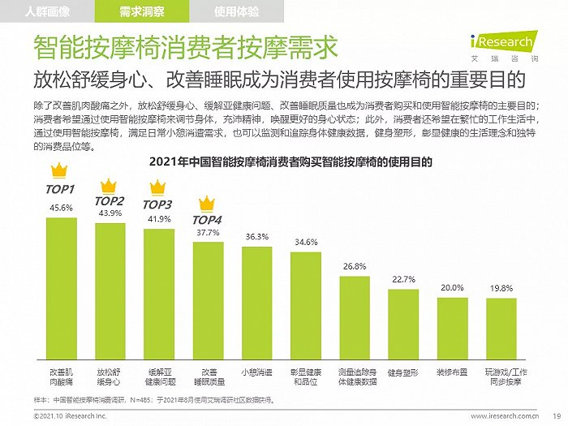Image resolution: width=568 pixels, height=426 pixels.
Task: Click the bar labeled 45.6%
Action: pos(62,288)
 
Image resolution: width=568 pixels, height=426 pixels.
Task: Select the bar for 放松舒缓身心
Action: pos(110,290)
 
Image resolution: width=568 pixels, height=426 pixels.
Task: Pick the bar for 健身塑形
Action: pos(403,325)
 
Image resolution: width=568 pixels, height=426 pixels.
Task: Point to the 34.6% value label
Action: pos(306,242)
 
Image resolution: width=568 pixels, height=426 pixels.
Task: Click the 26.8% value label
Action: pos(355,266)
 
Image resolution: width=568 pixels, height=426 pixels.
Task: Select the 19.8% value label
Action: pos(501,288)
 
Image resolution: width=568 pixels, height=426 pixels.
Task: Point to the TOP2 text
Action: pos(110,200)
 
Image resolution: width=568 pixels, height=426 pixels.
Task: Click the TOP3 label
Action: pos(157,204)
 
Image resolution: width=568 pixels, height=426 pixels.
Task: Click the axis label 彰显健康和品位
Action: pos(306,377)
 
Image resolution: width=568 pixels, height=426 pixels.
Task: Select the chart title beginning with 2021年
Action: pos(290,161)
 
